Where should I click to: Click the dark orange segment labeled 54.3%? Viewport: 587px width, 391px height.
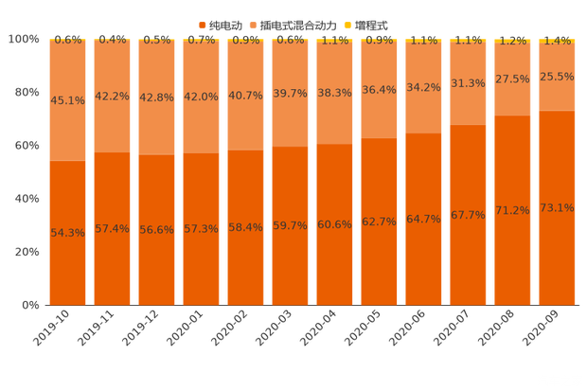pyautogui.click(x=67, y=233)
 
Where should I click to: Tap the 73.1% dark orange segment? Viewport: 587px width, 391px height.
pyautogui.click(x=557, y=208)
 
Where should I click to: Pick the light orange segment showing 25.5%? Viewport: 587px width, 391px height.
pyautogui.click(x=557, y=77)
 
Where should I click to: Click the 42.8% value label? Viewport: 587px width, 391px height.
pyautogui.click(x=156, y=98)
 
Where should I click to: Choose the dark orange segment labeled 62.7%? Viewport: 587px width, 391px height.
pyautogui.click(x=379, y=222)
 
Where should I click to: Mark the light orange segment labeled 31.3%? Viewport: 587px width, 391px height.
pyautogui.click(x=468, y=83)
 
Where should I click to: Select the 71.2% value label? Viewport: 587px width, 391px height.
pyautogui.click(x=512, y=210)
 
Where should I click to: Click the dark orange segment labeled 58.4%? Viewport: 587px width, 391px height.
pyautogui.click(x=245, y=227)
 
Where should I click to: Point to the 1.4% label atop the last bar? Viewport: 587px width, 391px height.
pyautogui.click(x=557, y=40)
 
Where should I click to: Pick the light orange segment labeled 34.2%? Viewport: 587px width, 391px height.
pyautogui.click(x=423, y=88)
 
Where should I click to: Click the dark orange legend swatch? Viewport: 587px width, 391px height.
pyautogui.click(x=202, y=24)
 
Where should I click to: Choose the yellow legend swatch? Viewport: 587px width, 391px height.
pyautogui.click(x=347, y=24)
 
